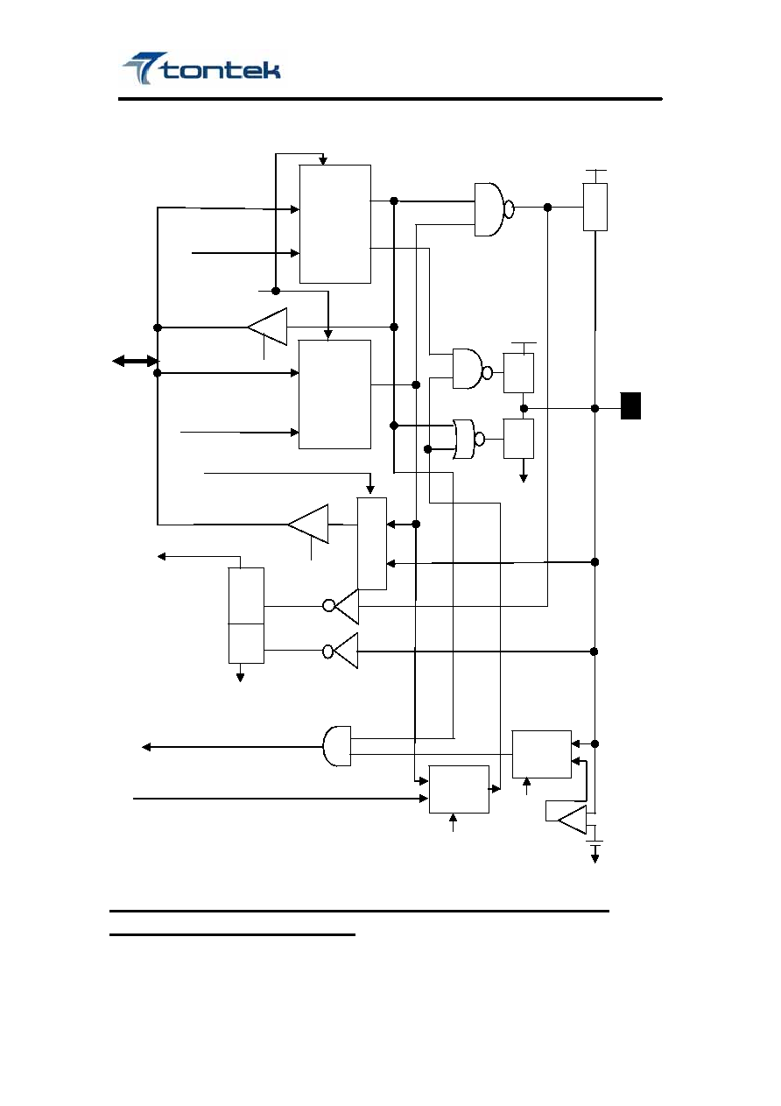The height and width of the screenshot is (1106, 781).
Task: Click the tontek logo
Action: [x=202, y=68]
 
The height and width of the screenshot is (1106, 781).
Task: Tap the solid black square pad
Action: [x=630, y=405]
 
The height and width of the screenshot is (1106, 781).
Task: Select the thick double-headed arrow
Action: [x=135, y=362]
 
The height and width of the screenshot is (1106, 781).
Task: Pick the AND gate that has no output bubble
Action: [x=337, y=746]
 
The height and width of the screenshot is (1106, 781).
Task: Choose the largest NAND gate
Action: [x=494, y=209]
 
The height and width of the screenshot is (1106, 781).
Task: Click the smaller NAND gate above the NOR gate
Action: [x=472, y=369]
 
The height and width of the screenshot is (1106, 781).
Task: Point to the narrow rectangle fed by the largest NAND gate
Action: [x=595, y=207]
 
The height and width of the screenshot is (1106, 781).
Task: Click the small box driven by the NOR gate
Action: [x=518, y=439]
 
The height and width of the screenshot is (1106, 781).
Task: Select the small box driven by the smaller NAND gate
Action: [x=518, y=373]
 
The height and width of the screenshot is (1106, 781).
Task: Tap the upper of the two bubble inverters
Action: [x=341, y=606]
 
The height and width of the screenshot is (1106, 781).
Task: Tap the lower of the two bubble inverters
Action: [x=341, y=651]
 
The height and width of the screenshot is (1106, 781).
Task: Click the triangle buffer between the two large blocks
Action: [x=267, y=327]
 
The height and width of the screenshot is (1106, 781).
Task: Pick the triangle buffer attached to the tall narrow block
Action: [x=308, y=524]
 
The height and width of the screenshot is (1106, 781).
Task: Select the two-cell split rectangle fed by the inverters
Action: [x=246, y=616]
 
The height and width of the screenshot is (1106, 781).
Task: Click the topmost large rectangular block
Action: [x=335, y=224]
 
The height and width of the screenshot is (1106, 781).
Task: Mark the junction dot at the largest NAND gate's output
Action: [x=547, y=208]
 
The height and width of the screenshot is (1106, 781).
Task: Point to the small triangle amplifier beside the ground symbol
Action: [x=572, y=820]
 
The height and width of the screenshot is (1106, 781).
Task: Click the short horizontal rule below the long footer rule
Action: [x=233, y=934]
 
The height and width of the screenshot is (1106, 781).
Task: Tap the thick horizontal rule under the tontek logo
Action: [x=390, y=99]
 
